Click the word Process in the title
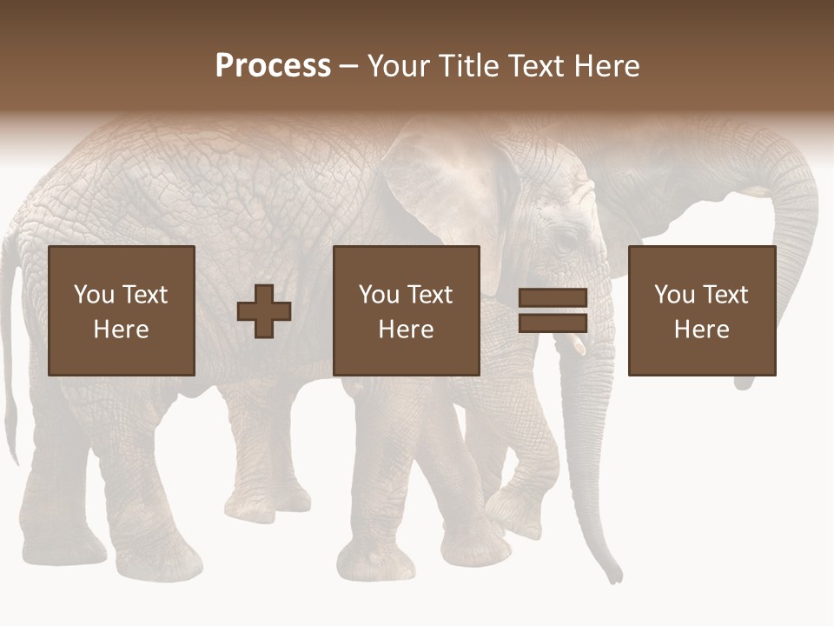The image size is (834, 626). click(273, 66)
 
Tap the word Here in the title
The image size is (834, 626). click(606, 66)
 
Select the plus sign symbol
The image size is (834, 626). click(264, 311)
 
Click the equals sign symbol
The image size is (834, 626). click(553, 311)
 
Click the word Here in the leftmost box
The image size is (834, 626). click(122, 330)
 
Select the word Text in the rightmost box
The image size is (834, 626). click(725, 295)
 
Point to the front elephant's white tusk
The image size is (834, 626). click(578, 344)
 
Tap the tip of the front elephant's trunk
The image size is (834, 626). click(615, 574)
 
